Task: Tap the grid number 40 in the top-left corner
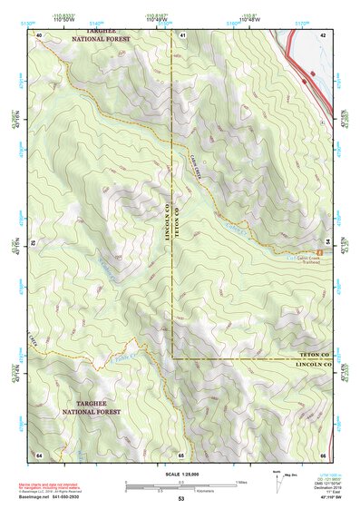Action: point(39,34)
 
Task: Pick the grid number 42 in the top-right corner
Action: point(323,34)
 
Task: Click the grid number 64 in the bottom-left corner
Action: point(39,454)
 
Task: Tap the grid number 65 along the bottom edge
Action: point(181,454)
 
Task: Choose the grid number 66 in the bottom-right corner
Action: point(323,454)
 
